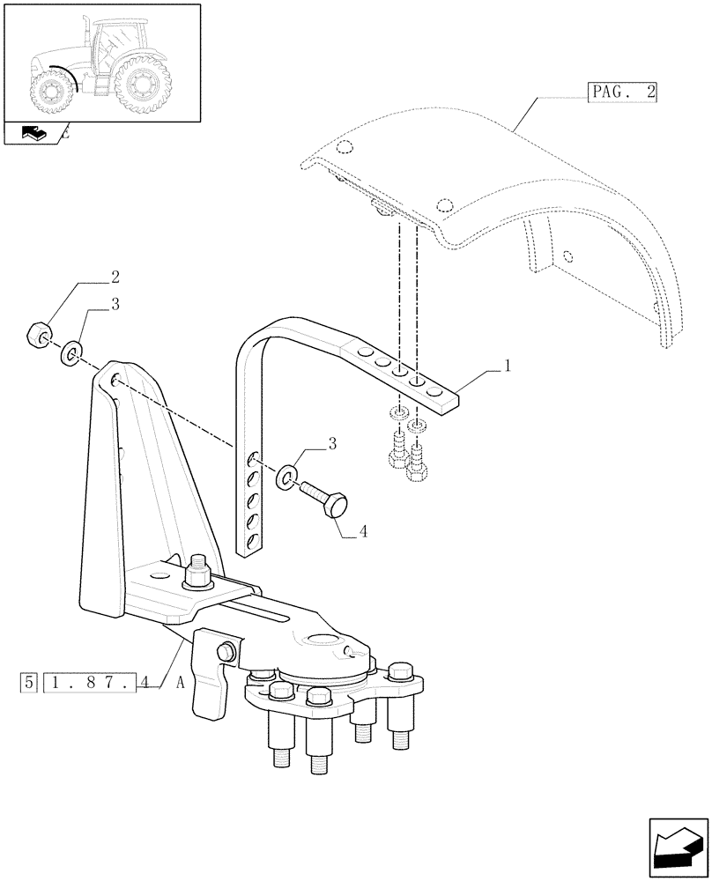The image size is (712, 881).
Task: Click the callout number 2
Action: coord(115,277)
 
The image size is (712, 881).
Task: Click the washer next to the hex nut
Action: coord(70,355)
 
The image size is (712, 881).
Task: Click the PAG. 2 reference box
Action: coord(622,92)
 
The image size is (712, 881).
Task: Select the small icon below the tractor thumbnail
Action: coord(33,134)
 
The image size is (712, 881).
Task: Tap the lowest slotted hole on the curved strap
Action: coord(252,540)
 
